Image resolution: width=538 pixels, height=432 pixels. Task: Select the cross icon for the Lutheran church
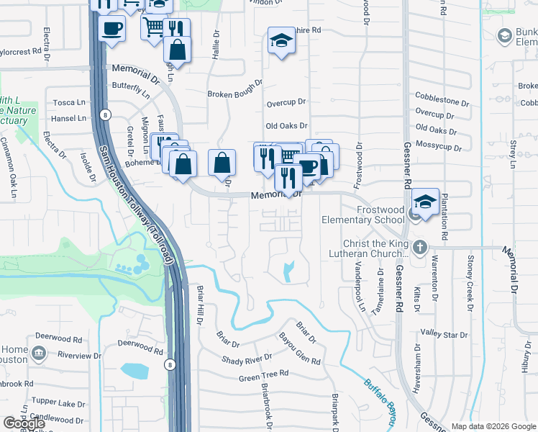tap(420, 248)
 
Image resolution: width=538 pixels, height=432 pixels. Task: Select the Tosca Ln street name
tap(69, 103)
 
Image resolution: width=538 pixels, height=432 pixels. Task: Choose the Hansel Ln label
tap(69, 118)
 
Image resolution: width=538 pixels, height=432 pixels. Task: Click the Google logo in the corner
tap(24, 424)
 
